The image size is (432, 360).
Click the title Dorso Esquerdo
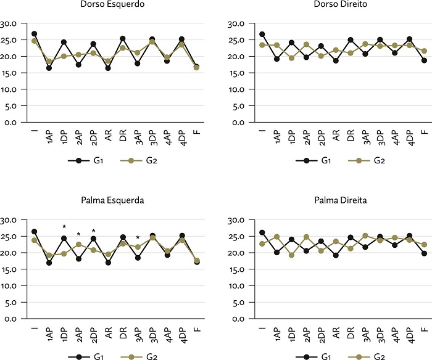click(x=108, y=5)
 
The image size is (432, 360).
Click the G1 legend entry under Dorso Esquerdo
click(x=88, y=160)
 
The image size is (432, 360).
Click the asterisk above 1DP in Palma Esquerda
click(x=64, y=227)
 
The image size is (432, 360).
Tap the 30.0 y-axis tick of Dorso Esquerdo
click(x=10, y=24)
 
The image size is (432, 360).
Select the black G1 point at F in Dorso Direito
click(x=423, y=60)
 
